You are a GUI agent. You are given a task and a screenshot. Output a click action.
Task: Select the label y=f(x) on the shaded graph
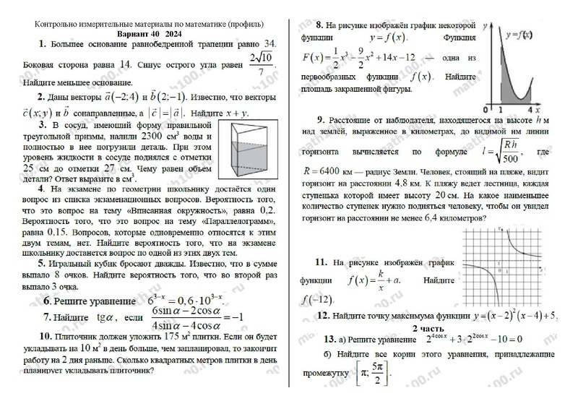click(518, 35)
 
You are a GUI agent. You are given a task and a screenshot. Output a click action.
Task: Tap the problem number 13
click(329, 340)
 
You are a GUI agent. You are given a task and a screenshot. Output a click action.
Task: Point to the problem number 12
click(323, 316)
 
